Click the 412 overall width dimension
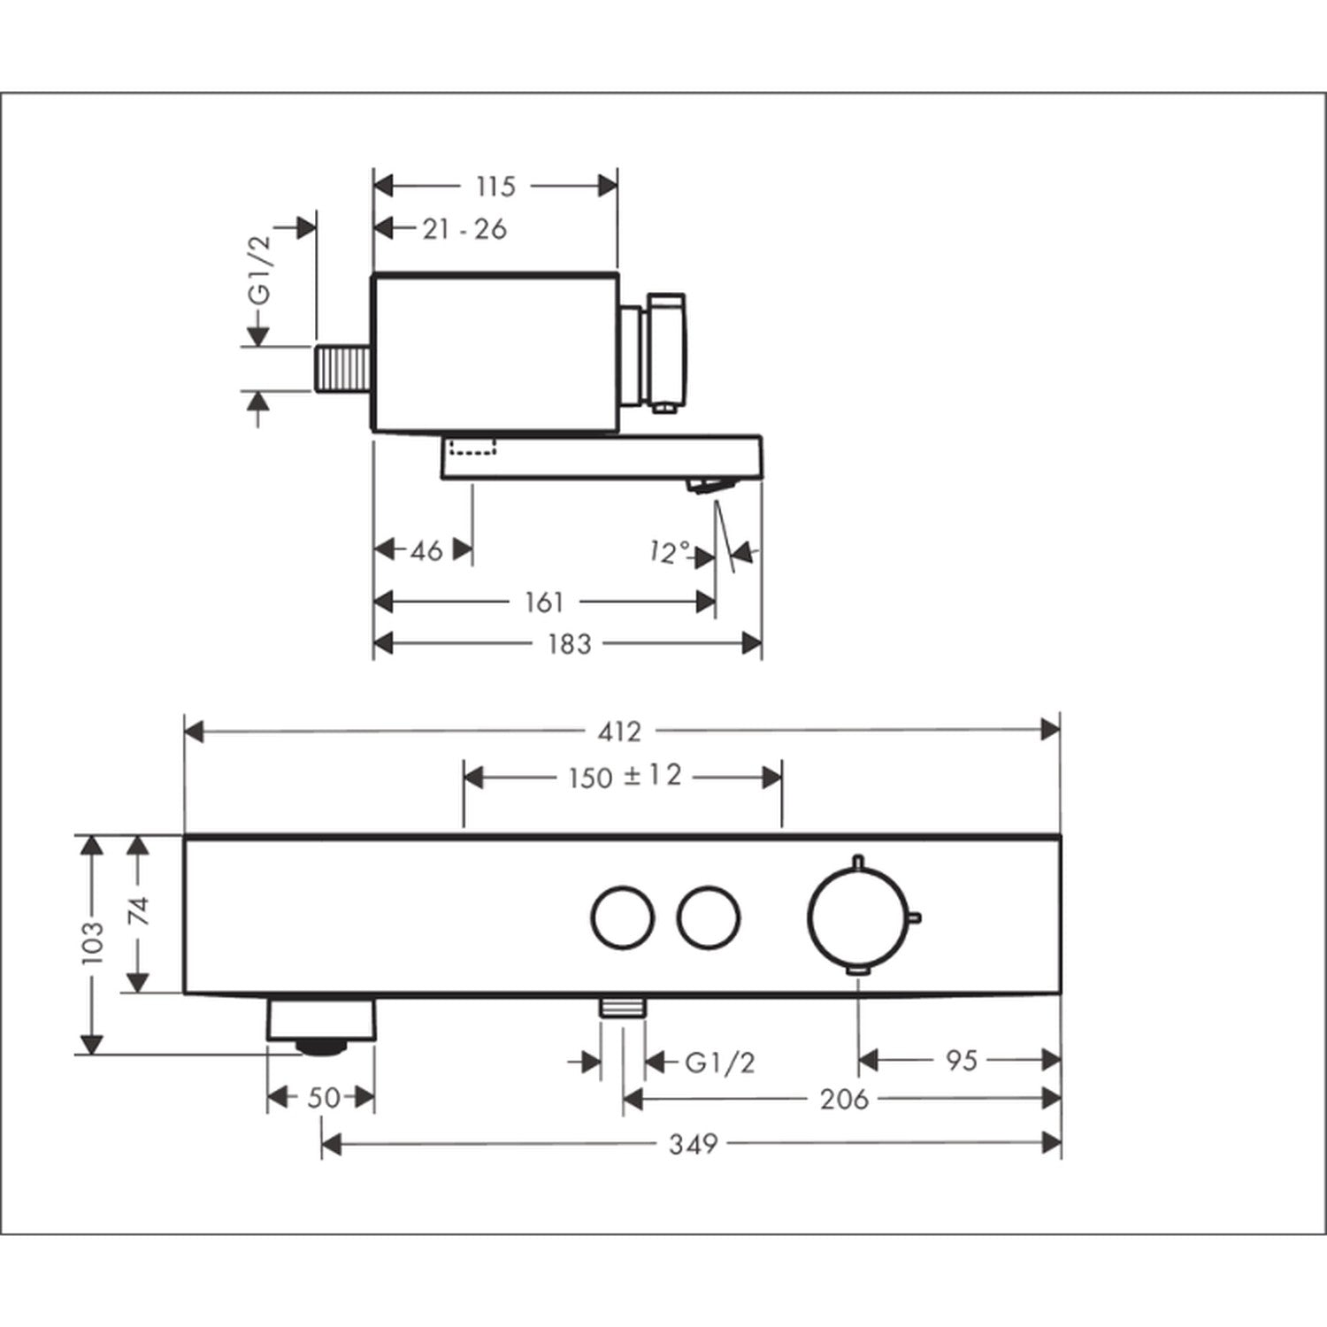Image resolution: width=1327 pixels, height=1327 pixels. [x=620, y=732]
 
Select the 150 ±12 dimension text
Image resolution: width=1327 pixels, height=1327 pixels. [x=625, y=777]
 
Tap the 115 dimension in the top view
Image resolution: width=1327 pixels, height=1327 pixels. [x=495, y=187]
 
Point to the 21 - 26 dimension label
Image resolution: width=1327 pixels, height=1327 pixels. [x=464, y=229]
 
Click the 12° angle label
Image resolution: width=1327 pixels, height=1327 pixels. [x=668, y=553]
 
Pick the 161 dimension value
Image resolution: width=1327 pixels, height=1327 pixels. [x=543, y=602]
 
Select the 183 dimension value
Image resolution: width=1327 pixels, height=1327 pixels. [x=569, y=644]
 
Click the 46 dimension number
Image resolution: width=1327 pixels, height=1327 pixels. [x=426, y=550]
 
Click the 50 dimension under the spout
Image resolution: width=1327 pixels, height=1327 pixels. [x=324, y=1098]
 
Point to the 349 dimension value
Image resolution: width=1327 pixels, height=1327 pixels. [x=692, y=1145]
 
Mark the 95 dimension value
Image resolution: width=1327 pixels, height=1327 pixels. [x=961, y=1059]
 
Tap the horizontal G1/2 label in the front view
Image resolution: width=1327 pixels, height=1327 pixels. [x=720, y=1062]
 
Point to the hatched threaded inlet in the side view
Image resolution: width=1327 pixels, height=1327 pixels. [x=344, y=368]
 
